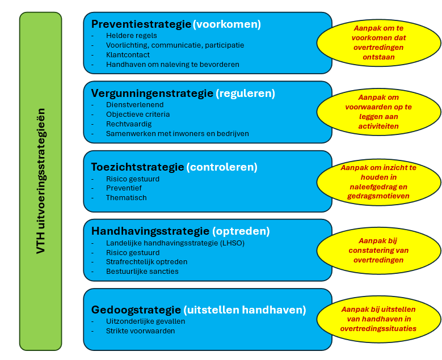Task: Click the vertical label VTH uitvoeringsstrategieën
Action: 40,181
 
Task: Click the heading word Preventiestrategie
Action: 141,24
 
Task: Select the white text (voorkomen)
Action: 227,24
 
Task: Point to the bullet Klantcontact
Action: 128,55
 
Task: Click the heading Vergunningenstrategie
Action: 151,93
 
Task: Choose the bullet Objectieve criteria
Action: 138,115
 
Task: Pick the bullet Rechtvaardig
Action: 129,124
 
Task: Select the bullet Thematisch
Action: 126,198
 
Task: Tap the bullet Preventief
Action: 124,188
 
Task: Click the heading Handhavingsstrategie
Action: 150,231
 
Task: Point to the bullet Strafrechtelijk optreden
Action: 146,262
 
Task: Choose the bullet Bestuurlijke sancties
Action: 142,272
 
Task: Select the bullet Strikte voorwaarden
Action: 140,331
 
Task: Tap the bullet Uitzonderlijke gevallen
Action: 145,321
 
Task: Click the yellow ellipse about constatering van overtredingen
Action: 378,250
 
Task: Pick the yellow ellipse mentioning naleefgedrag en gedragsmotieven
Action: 378,182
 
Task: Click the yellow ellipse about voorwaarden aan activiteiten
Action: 378,112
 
